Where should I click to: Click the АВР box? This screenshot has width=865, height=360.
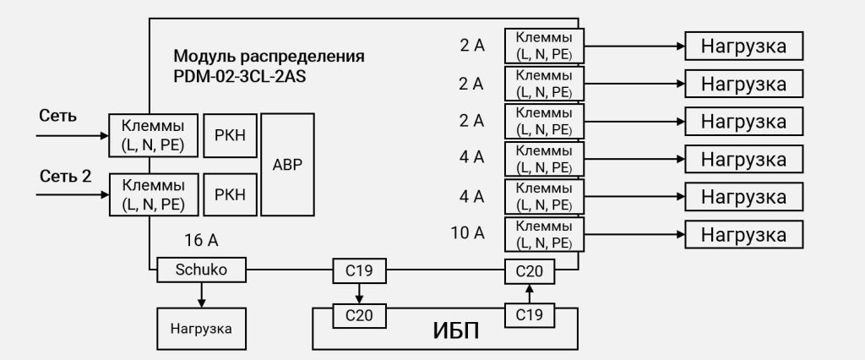coord(287,164)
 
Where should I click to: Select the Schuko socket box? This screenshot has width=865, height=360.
coord(202,270)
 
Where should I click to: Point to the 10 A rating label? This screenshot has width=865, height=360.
coord(467,232)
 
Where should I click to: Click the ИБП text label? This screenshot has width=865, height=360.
coord(456,329)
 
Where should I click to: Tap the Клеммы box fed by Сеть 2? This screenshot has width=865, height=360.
coord(153,194)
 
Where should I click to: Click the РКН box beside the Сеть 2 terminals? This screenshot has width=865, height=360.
coord(230,194)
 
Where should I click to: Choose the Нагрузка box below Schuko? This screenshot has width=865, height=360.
coord(201,328)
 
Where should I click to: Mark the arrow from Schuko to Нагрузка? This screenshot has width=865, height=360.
coord(201,294)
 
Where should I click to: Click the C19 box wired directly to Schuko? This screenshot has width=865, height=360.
coord(359,271)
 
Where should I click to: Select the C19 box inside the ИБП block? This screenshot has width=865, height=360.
coord(530,315)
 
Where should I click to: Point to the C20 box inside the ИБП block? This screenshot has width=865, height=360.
coord(359,316)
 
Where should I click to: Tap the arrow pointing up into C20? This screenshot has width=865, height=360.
coord(530,292)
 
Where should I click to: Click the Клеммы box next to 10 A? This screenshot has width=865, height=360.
coord(543,233)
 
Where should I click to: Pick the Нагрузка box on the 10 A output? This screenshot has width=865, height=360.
coord(743,233)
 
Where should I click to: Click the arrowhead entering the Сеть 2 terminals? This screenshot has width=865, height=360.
coord(105,194)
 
